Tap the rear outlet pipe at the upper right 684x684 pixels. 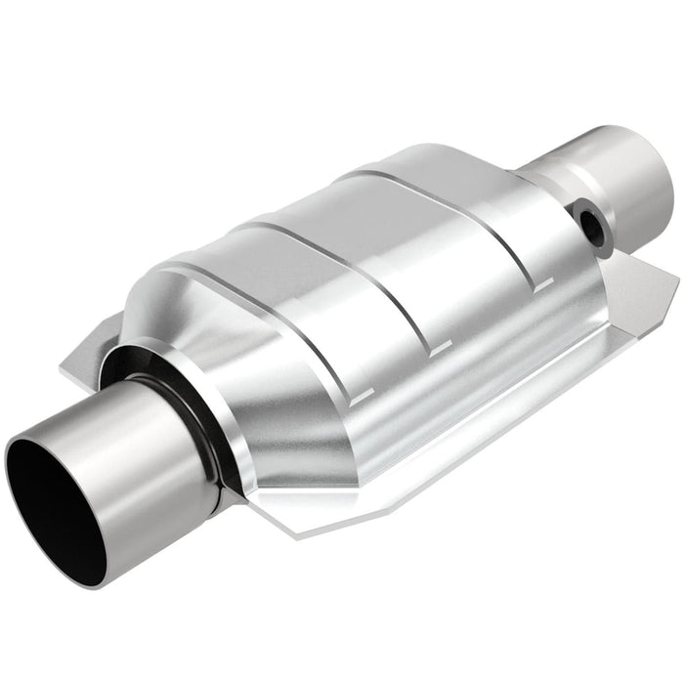coord(625,176)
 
